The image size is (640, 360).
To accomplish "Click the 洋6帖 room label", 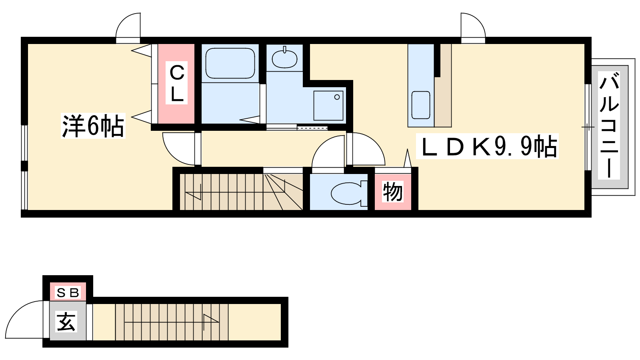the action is tap(93, 126).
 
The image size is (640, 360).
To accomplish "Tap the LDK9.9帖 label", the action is tap(487, 146).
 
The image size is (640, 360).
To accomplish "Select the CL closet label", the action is tap(177, 83).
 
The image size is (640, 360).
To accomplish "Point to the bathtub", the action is tap(230, 63).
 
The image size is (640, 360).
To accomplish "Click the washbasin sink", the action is tap(284, 58).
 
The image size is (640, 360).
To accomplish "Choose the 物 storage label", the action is tap(393, 192).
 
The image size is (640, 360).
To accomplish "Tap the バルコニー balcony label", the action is tap(609, 125).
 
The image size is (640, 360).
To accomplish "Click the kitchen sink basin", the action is tap(420, 105).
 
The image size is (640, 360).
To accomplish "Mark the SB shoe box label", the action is tap(68, 292).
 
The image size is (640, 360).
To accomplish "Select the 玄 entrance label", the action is tap(67, 322).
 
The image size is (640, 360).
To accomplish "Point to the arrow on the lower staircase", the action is tap(172, 322).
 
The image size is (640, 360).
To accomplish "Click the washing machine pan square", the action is tap(328, 106).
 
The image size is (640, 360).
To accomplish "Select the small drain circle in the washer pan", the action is tap(337, 97).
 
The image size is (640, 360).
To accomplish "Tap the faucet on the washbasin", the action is tap(284, 50).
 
